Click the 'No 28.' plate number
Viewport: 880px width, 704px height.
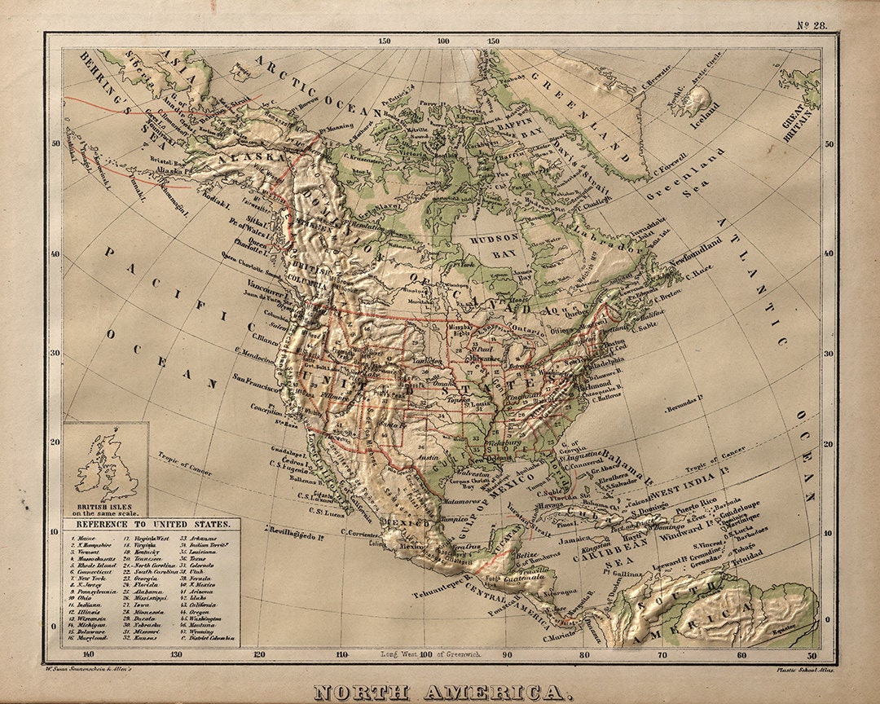812,24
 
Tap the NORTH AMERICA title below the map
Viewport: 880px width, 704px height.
439,693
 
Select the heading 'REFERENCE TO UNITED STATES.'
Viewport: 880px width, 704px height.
152,526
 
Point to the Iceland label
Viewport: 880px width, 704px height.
706,108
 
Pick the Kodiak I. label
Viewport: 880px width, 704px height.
196,200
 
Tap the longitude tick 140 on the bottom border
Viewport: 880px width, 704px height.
89,653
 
